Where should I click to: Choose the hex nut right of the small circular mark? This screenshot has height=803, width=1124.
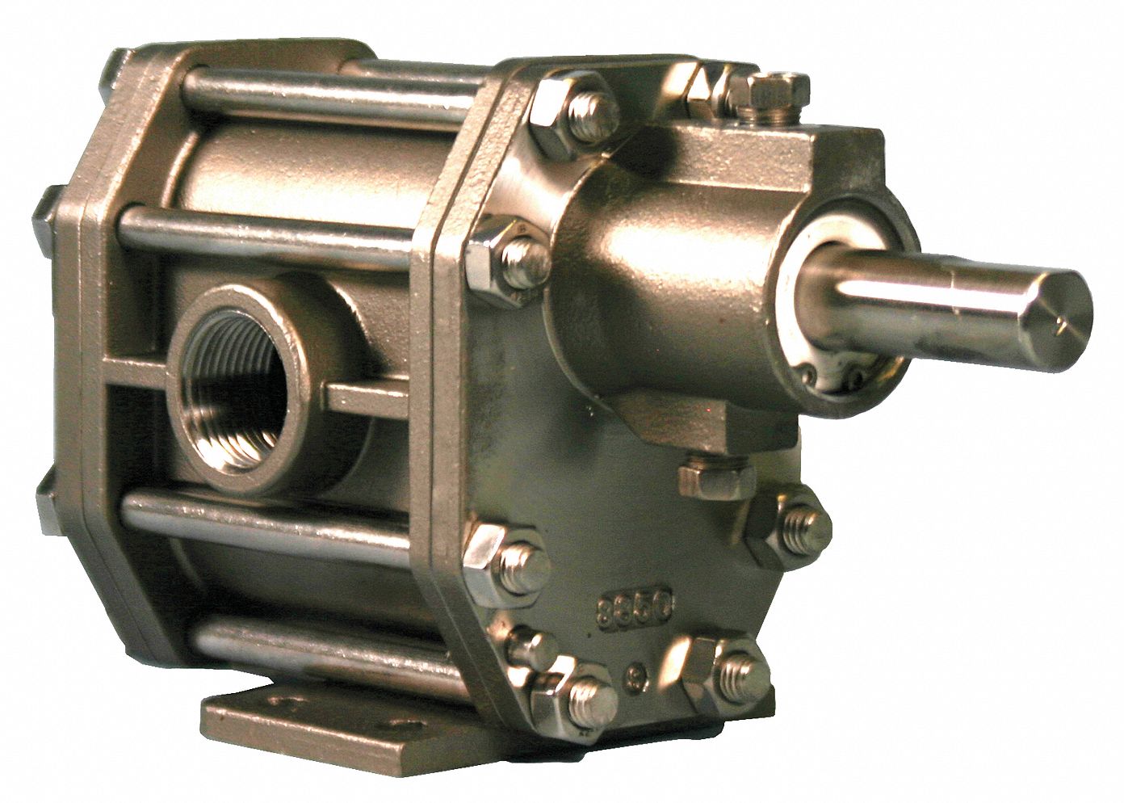(x=723, y=666)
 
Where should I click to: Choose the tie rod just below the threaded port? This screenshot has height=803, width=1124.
(x=266, y=517)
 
